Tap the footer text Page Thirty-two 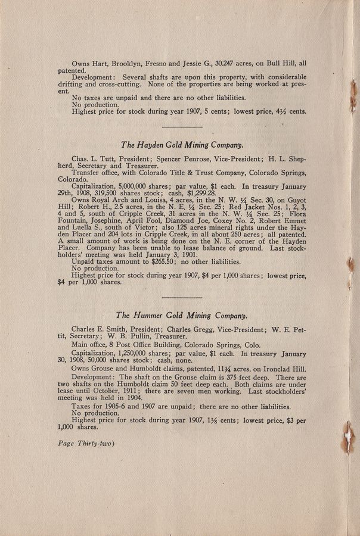tap(87, 443)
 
